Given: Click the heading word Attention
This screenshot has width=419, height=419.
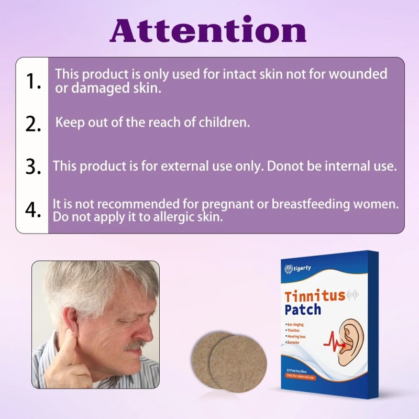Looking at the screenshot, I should point(208,30).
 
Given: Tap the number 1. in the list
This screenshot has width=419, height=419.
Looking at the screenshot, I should point(33,81).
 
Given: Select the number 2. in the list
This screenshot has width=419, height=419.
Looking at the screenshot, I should point(33,124).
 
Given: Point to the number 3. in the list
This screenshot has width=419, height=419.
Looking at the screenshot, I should point(33,167).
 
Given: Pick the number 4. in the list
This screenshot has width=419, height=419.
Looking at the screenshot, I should point(33,210).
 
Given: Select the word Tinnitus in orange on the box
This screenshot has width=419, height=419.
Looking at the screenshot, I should point(315,295).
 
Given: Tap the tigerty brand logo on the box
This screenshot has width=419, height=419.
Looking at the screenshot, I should point(297,269).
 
